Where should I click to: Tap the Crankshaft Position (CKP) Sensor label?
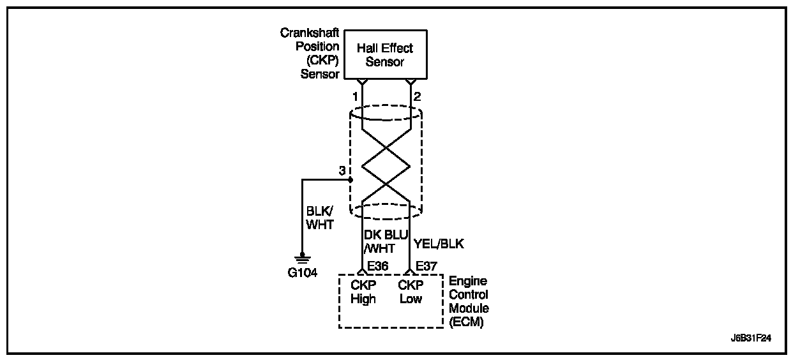[310, 54]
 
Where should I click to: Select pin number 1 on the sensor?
[355, 96]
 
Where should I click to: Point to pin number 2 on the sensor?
[417, 96]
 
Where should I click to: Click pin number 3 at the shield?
[342, 170]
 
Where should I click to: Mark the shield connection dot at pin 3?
[350, 180]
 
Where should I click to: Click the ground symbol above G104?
[302, 259]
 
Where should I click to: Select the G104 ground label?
[302, 273]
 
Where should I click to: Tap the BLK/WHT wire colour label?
[320, 218]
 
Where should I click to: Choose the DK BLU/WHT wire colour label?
[386, 241]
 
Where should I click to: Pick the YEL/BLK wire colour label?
[439, 244]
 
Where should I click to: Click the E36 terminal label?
[377, 266]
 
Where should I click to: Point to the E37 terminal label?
[426, 266]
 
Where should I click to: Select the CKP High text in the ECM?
[363, 292]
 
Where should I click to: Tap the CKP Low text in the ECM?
[411, 292]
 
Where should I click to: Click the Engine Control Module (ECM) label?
[469, 301]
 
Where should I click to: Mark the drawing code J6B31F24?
[751, 338]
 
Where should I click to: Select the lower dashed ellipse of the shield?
[386, 218]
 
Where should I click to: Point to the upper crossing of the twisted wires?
[386, 147]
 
